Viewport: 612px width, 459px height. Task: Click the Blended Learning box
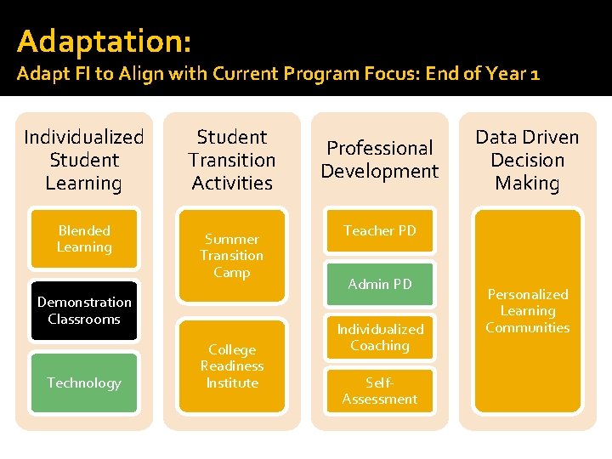coord(84,239)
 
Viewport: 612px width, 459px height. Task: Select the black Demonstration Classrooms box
coord(84,310)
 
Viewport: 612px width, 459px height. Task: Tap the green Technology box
coord(84,382)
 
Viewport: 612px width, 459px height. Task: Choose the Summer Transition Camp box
coord(232,256)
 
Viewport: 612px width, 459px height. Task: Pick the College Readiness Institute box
coord(232,366)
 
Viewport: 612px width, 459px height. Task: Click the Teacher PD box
coord(380,230)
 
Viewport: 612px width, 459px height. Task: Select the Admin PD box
coord(380,284)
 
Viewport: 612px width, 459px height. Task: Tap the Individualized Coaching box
coord(380,337)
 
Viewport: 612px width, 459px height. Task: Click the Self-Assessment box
coord(380,391)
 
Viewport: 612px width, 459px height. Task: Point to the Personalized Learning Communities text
coord(528,311)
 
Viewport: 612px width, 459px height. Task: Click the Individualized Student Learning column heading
coord(84,160)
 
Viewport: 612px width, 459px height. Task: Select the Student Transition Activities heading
coord(232,160)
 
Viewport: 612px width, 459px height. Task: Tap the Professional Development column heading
coord(380,160)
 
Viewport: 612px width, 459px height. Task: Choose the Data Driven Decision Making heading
coord(528,160)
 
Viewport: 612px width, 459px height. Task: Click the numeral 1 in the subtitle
coord(534,74)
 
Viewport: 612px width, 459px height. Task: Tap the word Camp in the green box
coord(232,273)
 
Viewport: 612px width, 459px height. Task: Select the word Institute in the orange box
coord(232,383)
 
